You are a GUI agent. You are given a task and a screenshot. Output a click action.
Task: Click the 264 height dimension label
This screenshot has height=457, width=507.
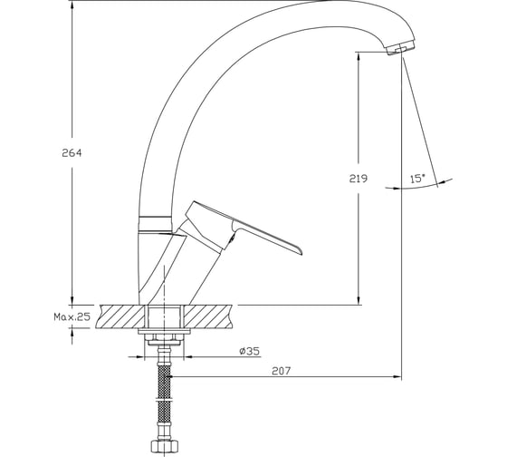(x=72, y=153)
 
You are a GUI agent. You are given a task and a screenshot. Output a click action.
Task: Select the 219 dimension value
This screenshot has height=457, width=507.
(x=359, y=179)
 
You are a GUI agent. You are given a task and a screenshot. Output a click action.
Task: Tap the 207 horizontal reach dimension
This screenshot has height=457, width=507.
(x=282, y=371)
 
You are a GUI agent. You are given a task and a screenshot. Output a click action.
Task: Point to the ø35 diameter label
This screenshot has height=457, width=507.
(x=250, y=351)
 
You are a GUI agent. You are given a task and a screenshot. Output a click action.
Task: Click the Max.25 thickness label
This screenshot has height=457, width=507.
(x=72, y=316)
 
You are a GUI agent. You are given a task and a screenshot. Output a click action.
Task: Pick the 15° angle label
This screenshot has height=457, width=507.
(x=417, y=179)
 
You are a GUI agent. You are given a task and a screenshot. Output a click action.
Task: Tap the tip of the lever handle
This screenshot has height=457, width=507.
(x=301, y=252)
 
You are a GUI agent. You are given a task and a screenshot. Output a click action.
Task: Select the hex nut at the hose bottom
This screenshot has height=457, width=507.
(x=164, y=446)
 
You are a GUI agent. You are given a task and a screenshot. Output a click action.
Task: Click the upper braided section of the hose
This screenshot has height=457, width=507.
(x=164, y=381)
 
